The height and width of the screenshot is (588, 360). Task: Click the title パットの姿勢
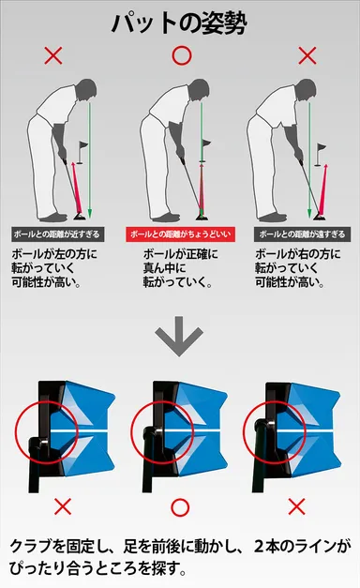(x=180, y=22)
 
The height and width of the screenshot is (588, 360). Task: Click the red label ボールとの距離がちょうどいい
(x=180, y=234)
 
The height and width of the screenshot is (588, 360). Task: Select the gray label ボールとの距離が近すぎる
(x=58, y=234)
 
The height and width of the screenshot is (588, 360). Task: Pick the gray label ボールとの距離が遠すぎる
(x=303, y=234)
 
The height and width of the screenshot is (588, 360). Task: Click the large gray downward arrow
(x=180, y=340)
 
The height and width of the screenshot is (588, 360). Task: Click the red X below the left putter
(x=63, y=507)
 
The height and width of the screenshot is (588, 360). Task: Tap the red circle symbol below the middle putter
(x=180, y=507)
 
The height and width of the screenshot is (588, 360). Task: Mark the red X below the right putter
(x=296, y=507)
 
